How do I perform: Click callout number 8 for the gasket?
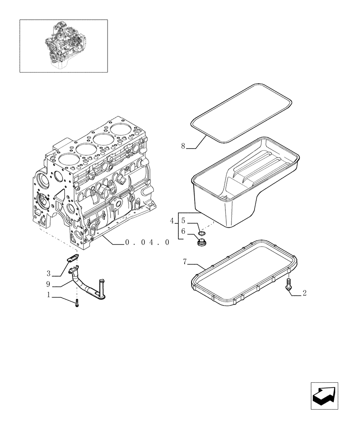click(183, 146)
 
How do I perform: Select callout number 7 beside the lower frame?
click(185, 261)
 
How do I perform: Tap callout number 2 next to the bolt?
click(304, 293)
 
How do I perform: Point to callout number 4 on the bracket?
click(172, 221)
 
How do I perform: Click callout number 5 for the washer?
click(183, 221)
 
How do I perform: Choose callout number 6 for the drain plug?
click(183, 231)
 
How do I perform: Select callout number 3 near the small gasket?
click(49, 273)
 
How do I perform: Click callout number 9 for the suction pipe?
click(49, 284)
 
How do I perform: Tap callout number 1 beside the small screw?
click(49, 295)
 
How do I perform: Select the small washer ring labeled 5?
click(201, 233)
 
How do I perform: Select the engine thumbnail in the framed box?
click(63, 46)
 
